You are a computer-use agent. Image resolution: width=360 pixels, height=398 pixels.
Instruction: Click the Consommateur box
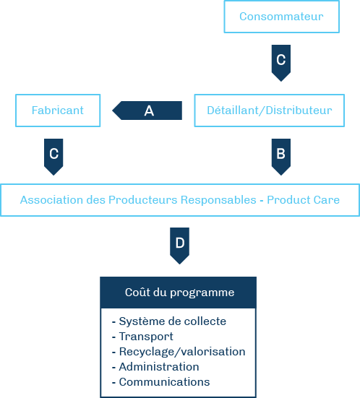pyautogui.click(x=281, y=17)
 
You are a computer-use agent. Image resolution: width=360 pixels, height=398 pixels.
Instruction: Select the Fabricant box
pyautogui.click(x=58, y=111)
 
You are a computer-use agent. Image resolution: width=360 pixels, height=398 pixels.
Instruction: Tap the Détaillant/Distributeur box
pyautogui.click(x=270, y=111)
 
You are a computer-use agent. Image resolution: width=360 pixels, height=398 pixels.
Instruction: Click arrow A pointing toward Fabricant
pyautogui.click(x=147, y=111)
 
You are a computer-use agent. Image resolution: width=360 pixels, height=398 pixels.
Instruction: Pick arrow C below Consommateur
pyautogui.click(x=281, y=63)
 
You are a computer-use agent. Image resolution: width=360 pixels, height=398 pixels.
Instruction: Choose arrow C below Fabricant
pyautogui.click(x=53, y=157)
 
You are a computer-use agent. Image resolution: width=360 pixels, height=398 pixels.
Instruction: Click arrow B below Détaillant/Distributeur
pyautogui.click(x=281, y=157)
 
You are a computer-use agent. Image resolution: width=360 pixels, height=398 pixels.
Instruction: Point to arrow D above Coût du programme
pyautogui.click(x=179, y=246)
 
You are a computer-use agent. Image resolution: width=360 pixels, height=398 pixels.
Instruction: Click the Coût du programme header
pyautogui.click(x=179, y=293)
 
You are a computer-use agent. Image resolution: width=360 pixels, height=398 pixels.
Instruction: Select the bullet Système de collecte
pyautogui.click(x=169, y=321)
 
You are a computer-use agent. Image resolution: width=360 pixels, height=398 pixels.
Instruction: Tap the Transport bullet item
pyautogui.click(x=142, y=337)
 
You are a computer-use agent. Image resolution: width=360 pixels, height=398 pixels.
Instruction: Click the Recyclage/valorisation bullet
pyautogui.click(x=179, y=352)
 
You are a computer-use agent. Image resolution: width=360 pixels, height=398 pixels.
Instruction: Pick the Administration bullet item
pyautogui.click(x=155, y=367)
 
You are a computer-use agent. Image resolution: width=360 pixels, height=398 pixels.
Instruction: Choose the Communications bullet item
pyautogui.click(x=160, y=382)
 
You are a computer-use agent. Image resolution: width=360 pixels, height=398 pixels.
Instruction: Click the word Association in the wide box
pyautogui.click(x=51, y=200)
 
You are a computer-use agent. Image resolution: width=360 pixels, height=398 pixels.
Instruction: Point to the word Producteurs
pyautogui.click(x=143, y=200)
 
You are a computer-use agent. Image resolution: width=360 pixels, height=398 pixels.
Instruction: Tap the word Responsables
pyautogui.click(x=218, y=200)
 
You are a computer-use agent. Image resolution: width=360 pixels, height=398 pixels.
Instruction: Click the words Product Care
pyautogui.click(x=303, y=200)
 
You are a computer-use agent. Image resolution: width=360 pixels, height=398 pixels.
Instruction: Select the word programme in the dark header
pyautogui.click(x=202, y=293)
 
